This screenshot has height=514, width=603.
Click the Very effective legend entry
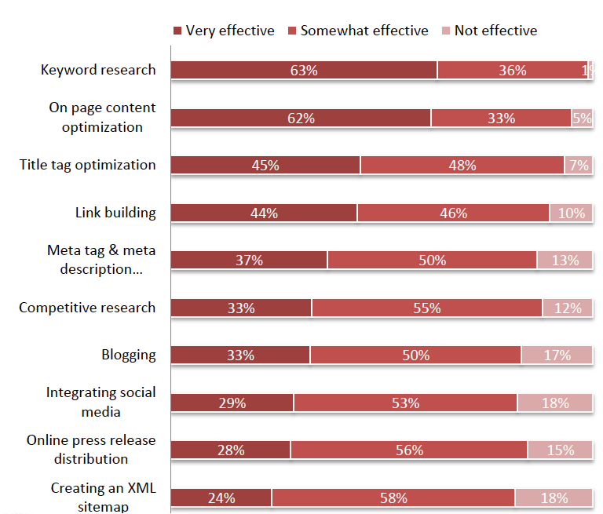(224, 31)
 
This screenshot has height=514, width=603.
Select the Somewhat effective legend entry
(358, 31)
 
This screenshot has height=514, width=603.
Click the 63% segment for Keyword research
(304, 71)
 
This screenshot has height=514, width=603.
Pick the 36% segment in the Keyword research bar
(512, 71)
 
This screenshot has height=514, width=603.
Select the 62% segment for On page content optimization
(301, 118)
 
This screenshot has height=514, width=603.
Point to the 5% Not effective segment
(582, 118)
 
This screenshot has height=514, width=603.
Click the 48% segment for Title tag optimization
(462, 166)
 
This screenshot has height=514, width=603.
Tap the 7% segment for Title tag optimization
(579, 166)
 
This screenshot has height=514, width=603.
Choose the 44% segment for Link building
(264, 213)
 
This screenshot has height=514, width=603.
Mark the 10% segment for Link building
(571, 213)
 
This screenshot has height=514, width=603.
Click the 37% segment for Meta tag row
(249, 261)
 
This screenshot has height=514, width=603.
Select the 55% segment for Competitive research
(427, 308)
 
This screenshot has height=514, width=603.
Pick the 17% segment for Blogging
(557, 355)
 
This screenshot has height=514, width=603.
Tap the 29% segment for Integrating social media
(232, 403)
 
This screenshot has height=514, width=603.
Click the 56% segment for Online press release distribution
(409, 450)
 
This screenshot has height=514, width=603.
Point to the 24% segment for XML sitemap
(221, 498)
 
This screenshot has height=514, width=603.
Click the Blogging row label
(129, 355)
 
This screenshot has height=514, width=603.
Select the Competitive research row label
(87, 308)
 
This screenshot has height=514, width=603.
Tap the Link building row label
(115, 213)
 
